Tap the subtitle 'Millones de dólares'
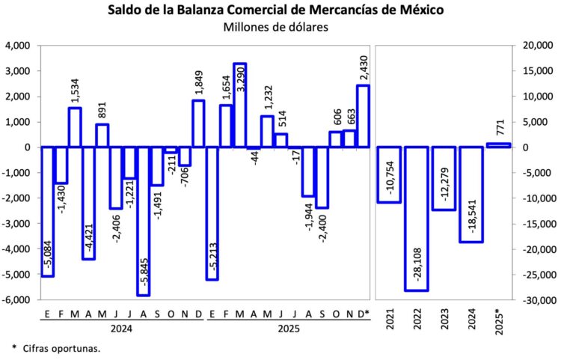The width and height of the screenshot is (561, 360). click(276, 28)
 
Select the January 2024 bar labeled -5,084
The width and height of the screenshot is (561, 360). click(47, 212)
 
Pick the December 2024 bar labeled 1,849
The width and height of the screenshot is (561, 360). click(198, 123)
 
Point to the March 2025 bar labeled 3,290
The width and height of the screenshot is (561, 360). click(239, 106)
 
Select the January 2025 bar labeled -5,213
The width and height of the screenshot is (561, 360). click(212, 213)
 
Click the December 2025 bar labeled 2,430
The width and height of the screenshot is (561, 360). click(363, 116)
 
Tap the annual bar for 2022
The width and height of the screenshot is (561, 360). click(417, 219)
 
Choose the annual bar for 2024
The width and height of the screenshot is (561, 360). click(471, 195)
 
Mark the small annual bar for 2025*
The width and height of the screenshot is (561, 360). click(498, 144)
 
